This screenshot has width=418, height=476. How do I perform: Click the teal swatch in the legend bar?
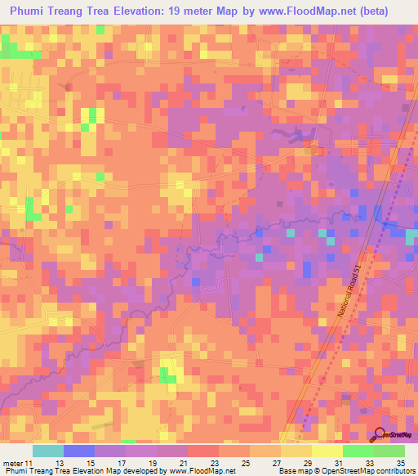(48, 451)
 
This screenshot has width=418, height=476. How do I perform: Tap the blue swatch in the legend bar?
(79, 451)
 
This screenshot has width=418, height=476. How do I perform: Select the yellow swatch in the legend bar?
(327, 451)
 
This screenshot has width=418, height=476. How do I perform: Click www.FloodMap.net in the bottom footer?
(196, 471)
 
